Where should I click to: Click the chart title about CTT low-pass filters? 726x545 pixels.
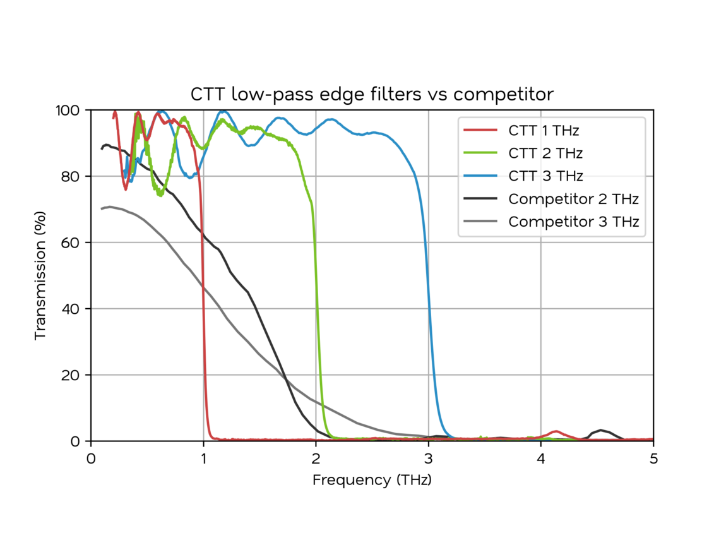pos(372,95)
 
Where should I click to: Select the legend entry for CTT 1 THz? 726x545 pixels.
pos(544,131)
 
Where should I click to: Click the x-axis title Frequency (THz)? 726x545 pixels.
pos(372,480)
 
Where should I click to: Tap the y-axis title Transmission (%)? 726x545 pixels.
pos(40,275)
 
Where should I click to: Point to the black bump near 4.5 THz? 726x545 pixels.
pos(602,431)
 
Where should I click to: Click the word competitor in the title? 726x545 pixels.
pos(504,95)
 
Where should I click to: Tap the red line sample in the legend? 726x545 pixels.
pos(480,131)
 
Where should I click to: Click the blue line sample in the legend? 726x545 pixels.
pos(480,176)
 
